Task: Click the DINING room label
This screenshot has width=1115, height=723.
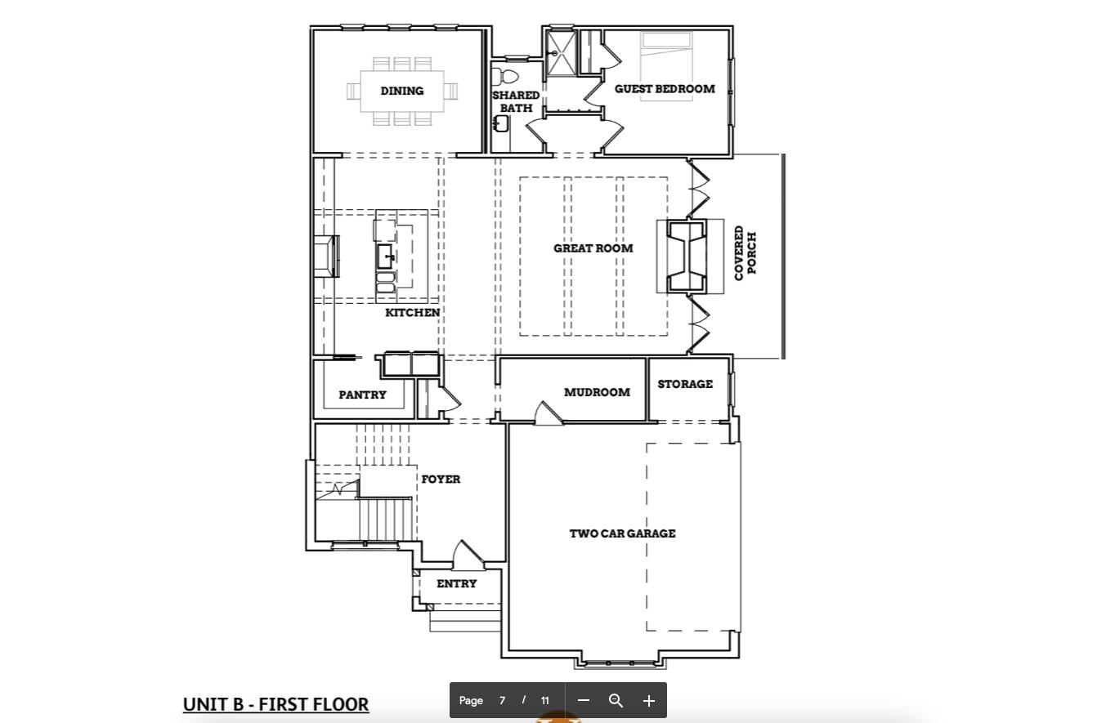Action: point(401,91)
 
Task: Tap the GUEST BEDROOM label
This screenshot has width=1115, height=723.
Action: point(665,89)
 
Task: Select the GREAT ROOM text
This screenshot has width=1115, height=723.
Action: point(593,248)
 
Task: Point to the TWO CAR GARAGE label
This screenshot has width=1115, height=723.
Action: point(622,533)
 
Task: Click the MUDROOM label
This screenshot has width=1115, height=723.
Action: point(597,392)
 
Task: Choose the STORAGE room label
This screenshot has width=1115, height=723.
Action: point(685,384)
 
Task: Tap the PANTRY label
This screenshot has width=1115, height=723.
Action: point(362,395)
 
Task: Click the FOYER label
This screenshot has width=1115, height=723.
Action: point(441,480)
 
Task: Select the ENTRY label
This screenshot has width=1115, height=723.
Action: point(456,583)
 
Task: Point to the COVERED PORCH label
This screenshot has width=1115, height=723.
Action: point(746,253)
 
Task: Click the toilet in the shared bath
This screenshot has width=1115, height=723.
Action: point(506,76)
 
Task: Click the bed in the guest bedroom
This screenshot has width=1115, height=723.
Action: point(666,67)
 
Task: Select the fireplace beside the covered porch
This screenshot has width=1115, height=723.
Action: point(687,257)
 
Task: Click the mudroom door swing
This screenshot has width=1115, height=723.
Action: point(548,413)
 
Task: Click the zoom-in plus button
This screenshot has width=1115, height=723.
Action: point(648,701)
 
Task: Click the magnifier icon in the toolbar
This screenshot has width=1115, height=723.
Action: point(616,701)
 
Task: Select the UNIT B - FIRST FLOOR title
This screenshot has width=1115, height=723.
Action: point(275,704)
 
